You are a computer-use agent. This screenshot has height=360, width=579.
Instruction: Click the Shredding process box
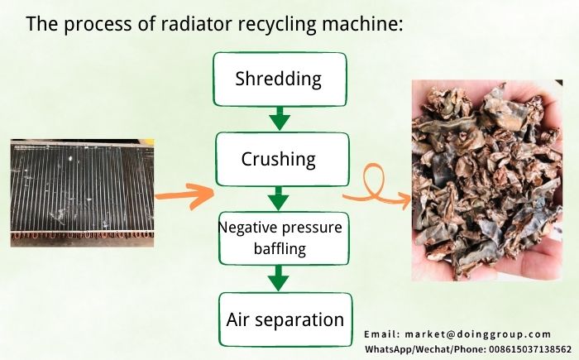point(278,79)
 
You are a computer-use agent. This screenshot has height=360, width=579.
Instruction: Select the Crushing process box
point(278,159)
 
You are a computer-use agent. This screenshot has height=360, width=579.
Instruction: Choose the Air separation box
point(285,319)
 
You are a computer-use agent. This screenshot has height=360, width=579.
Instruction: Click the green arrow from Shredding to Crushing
point(280,118)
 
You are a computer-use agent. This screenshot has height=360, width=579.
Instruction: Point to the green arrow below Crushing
point(279,199)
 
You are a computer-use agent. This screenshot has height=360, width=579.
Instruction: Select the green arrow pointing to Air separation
point(280,279)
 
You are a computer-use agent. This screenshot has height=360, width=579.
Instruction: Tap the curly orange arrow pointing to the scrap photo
point(377,191)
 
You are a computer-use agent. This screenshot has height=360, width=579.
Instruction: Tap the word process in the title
point(96,24)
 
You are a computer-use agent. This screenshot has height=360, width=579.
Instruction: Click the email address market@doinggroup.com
point(478,334)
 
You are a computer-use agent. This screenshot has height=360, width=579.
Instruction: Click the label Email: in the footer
point(382,334)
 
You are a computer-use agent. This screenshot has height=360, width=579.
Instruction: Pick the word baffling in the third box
point(279,247)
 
